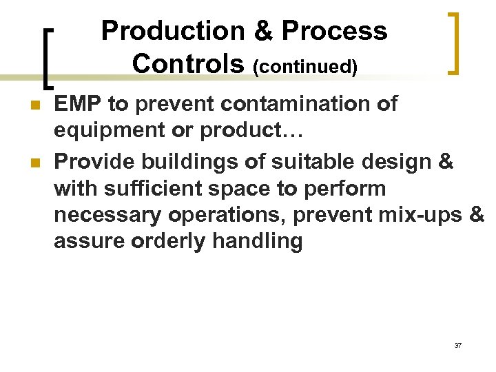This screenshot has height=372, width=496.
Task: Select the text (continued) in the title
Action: pyautogui.click(x=305, y=67)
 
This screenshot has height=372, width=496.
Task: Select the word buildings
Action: pyautogui.click(x=182, y=161)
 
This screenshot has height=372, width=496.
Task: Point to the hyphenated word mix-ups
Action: pyautogui.click(x=416, y=215)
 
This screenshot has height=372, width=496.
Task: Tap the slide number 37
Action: pyautogui.click(x=458, y=345)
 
